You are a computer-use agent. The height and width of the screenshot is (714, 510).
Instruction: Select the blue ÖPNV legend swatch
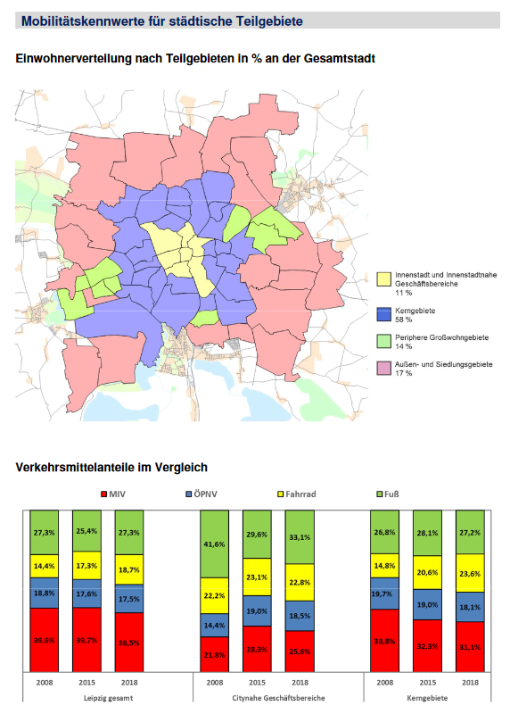coord(189,493)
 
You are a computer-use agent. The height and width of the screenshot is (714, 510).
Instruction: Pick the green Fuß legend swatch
coord(380,493)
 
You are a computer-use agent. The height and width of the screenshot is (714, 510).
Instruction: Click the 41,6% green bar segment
coord(215,544)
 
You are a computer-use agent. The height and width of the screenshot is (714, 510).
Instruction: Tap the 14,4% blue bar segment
coord(215,626)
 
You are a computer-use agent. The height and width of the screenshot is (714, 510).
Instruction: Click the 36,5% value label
coord(128,641)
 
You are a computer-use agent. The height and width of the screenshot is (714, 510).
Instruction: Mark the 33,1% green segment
coord(300,537)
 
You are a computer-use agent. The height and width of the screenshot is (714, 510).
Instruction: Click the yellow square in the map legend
coord(383,278)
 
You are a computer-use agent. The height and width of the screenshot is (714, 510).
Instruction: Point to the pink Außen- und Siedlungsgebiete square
coord(383,365)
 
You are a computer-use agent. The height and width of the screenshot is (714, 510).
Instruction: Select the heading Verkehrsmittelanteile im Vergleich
coord(111,467)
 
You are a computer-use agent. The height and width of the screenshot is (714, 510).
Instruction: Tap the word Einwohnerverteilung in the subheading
coord(71,58)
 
